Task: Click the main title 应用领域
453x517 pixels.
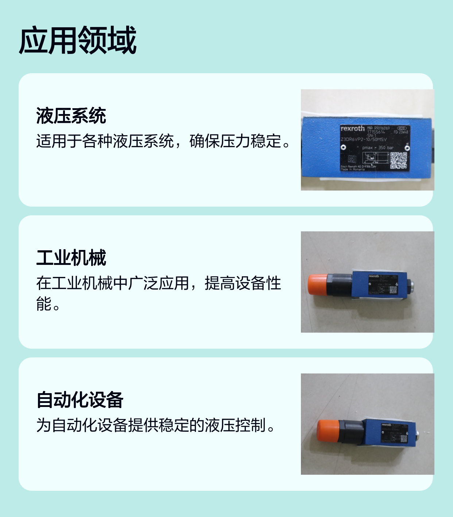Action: tap(77, 40)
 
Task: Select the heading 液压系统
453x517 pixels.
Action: tap(71, 116)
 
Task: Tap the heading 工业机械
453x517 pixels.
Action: tap(71, 258)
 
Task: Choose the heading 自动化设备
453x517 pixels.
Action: tap(80, 400)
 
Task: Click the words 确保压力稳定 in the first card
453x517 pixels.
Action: tap(236, 141)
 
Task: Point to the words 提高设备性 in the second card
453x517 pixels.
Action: tap(243, 283)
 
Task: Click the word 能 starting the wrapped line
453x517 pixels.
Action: tap(44, 304)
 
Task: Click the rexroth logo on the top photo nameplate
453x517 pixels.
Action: tap(352, 129)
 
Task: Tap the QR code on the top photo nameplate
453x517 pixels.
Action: tap(398, 160)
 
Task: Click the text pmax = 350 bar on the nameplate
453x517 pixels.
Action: tap(378, 148)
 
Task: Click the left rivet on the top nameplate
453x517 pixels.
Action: tap(343, 148)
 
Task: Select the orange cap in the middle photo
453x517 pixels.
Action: tap(317, 285)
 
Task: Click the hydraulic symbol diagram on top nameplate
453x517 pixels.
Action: tap(375, 158)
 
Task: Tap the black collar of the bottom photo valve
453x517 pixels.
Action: tap(351, 431)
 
